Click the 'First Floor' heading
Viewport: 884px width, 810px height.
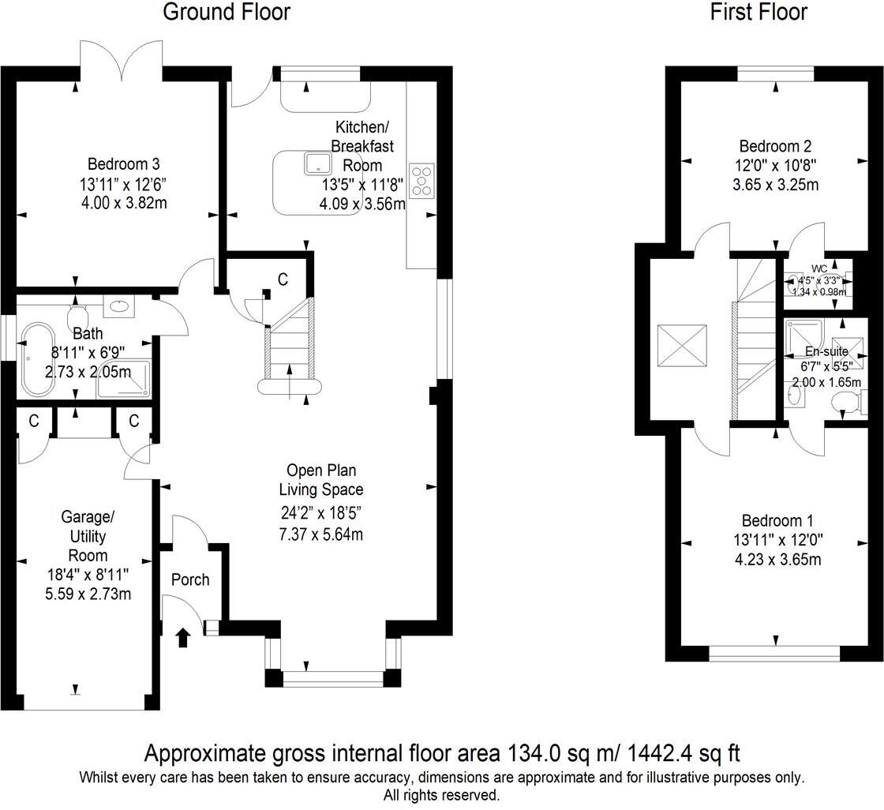pyautogui.click(x=759, y=13)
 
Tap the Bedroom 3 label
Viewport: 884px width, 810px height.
pyautogui.click(x=123, y=165)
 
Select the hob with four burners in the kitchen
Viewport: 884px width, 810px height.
pyautogui.click(x=421, y=179)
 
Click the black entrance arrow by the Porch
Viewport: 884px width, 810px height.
pyautogui.click(x=183, y=636)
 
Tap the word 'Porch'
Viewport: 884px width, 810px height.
pyautogui.click(x=190, y=580)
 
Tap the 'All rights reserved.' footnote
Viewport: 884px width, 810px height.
pyautogui.click(x=441, y=795)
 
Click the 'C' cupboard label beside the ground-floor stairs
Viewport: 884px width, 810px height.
pyautogui.click(x=282, y=279)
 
